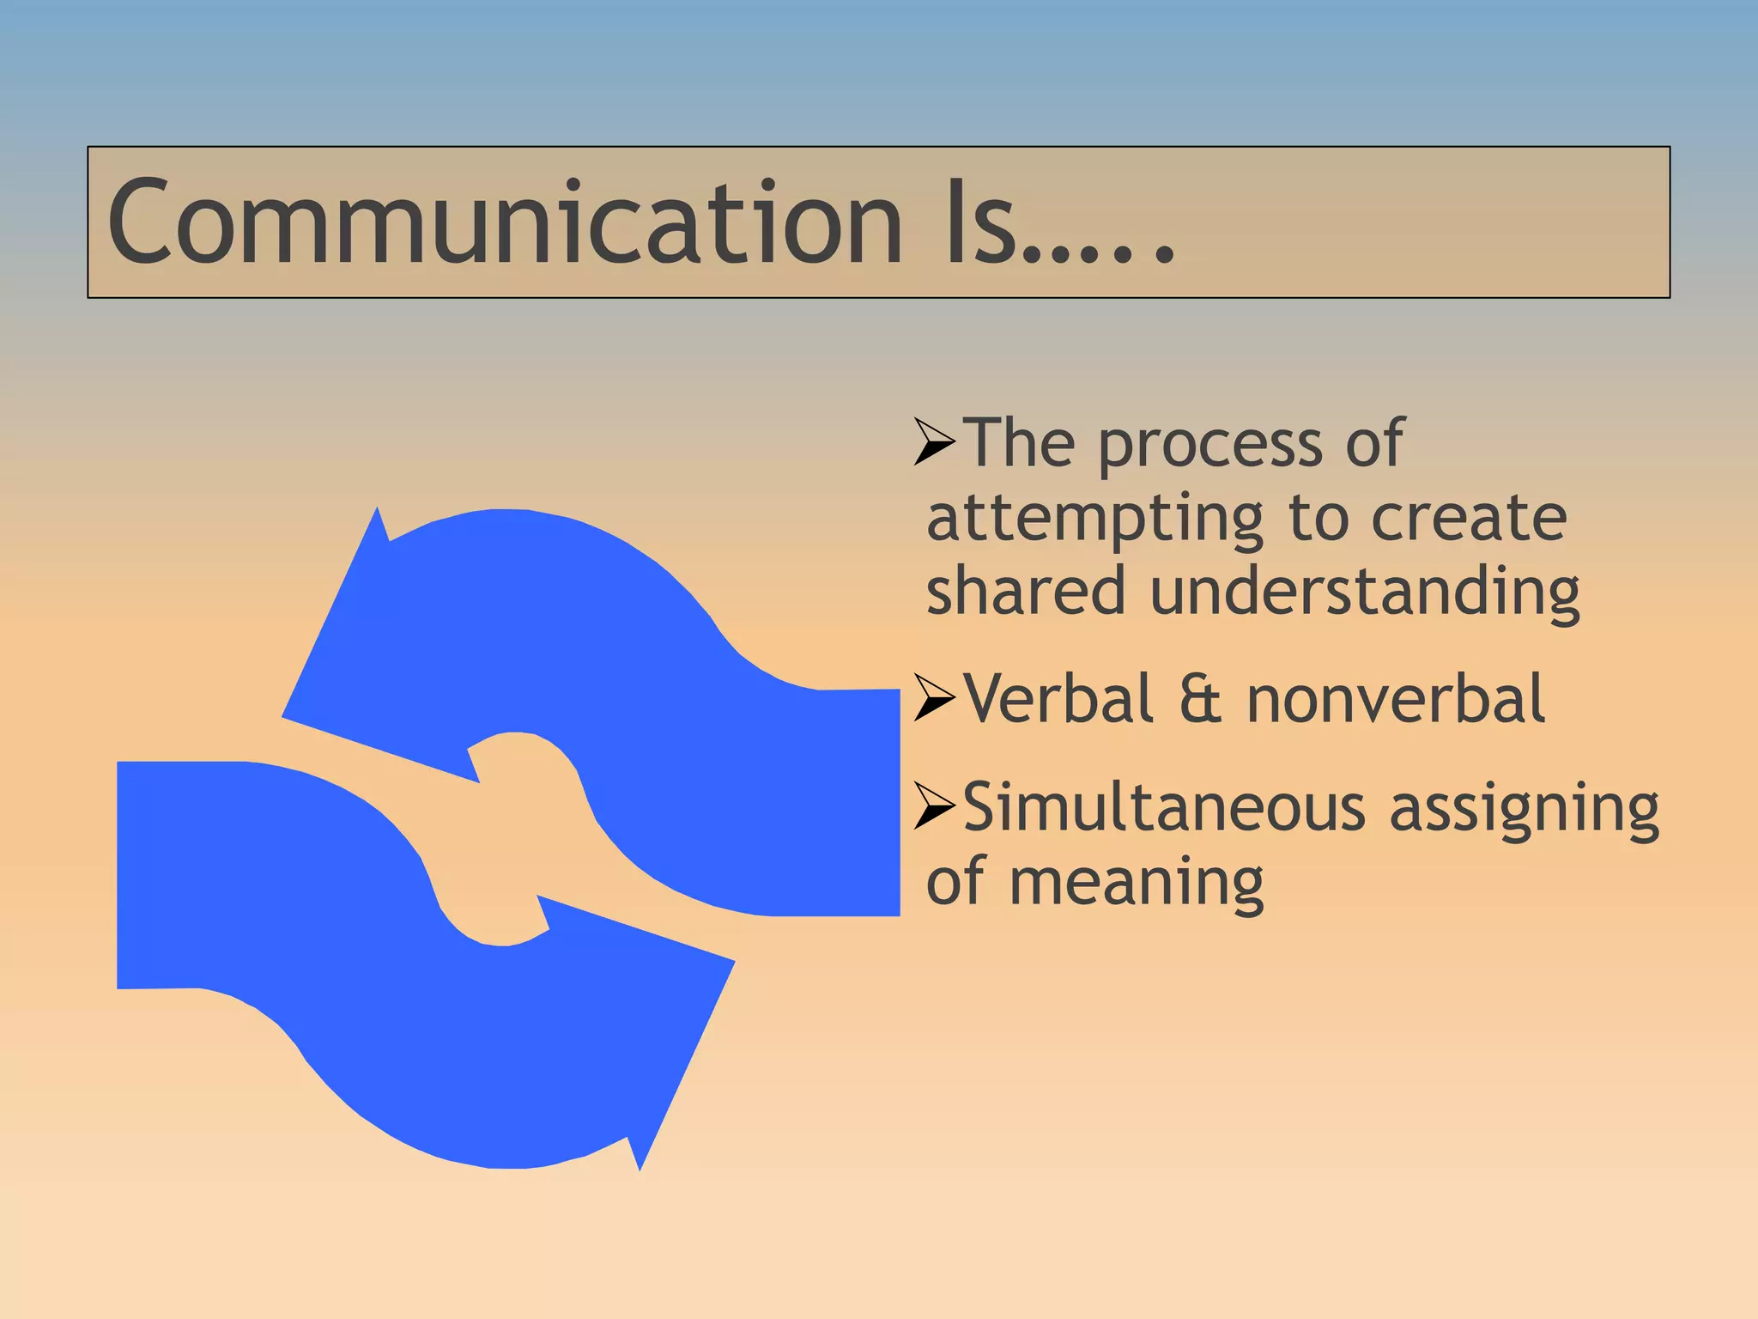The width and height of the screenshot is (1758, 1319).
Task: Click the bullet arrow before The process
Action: click(935, 442)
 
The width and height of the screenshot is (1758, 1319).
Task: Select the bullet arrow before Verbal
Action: click(935, 697)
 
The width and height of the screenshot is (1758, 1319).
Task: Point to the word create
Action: click(1469, 519)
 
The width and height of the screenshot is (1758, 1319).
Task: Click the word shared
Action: click(1025, 591)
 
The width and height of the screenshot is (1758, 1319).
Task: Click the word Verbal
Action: click(1058, 698)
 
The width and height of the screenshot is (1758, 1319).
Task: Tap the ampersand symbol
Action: click(1199, 699)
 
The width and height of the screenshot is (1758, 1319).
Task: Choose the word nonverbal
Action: click(1395, 698)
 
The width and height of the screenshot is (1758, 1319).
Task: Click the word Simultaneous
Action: click(1163, 807)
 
